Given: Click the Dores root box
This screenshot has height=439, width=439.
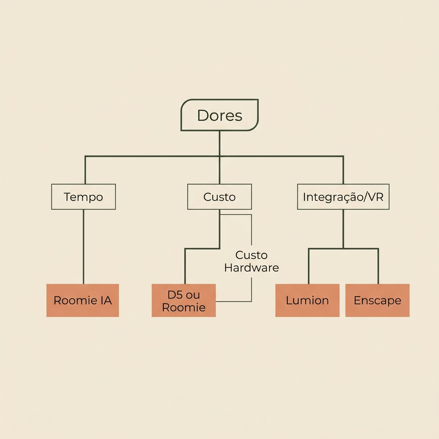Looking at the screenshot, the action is pos(219,115).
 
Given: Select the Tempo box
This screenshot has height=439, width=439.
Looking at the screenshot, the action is pos(84,196).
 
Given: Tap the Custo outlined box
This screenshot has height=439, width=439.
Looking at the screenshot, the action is pos(219,196).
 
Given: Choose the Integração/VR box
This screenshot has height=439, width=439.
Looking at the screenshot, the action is pos(343,196).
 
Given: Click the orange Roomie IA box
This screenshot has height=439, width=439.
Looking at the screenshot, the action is pos(83,301).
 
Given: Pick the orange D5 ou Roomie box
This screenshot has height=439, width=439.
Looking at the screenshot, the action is pos(183,301).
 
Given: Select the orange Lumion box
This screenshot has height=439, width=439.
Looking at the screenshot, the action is pos(307,301).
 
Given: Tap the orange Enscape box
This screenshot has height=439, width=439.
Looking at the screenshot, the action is pos(377,301).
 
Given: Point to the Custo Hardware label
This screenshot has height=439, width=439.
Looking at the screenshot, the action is pos(251,261).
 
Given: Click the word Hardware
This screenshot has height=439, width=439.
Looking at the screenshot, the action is pos(251,268).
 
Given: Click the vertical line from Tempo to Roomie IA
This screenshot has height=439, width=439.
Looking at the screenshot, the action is pos(84,247).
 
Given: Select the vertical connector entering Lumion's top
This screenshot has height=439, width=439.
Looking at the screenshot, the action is pos(309,266).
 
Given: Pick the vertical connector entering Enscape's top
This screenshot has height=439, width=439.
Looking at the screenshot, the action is pos(378,266).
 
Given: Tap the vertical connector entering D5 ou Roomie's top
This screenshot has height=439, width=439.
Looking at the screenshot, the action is pos(185,266).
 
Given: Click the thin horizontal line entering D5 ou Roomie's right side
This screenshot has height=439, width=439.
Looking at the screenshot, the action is pos(234,301).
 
